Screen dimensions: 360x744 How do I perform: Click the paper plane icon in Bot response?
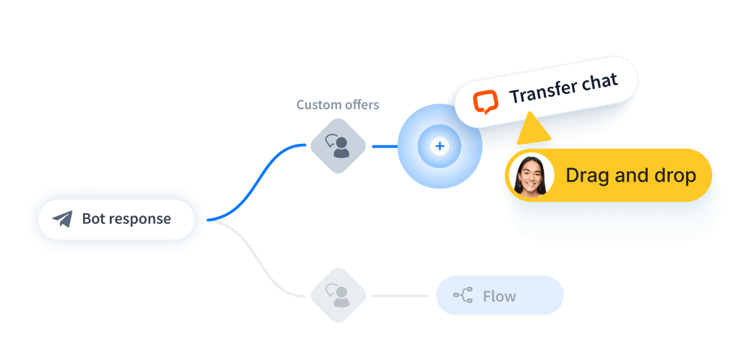coord(62,219)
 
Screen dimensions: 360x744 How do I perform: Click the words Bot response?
coord(127,218)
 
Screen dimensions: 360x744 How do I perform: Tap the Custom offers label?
coord(338,105)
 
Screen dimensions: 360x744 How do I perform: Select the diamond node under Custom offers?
coord(338,145)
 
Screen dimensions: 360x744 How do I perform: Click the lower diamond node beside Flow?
coord(338,295)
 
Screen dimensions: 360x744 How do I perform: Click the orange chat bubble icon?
coord(485,102)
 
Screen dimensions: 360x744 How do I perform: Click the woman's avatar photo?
coord(531,176)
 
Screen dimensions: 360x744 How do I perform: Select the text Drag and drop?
coord(630,175)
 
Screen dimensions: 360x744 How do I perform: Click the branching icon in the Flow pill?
coord(463,295)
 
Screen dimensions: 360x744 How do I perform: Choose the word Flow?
coord(499,296)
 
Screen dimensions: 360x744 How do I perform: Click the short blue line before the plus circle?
coord(384,146)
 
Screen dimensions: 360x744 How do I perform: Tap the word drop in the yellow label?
coord(674,175)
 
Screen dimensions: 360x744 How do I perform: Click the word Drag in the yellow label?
coord(586,175)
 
